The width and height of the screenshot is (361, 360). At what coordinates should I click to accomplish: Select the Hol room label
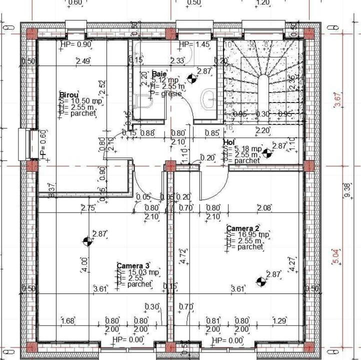228,142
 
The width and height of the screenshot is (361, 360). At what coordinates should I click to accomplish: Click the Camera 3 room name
133,265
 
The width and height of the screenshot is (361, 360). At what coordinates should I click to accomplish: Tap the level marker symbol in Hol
267,153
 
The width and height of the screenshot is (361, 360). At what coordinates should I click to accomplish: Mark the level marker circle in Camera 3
88,241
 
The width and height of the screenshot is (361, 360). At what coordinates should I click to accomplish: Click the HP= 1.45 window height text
194,44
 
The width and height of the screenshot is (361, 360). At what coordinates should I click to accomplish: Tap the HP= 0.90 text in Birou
75,44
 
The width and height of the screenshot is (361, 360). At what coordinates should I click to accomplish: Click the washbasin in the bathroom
208,98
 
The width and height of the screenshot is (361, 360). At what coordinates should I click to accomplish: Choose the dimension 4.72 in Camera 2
183,255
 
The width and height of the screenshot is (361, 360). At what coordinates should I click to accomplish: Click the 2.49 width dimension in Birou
82,61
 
